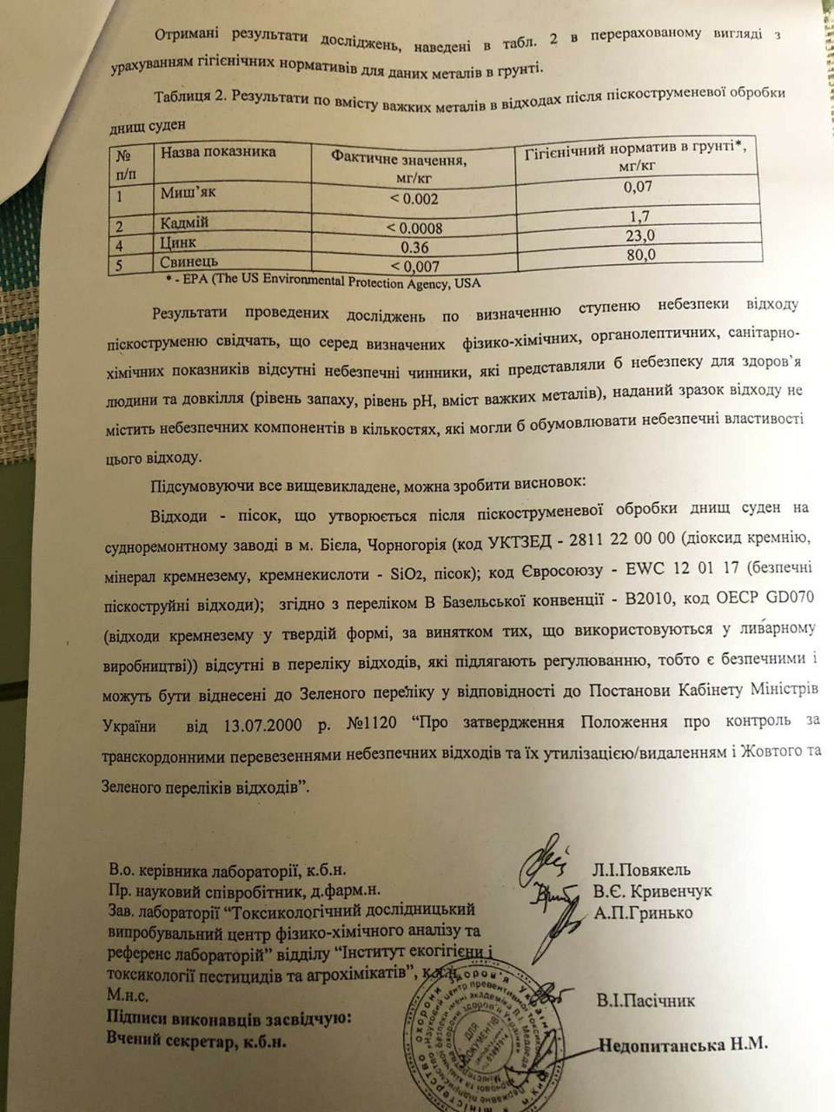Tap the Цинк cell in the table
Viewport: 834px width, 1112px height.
point(178,243)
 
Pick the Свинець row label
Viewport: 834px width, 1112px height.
point(189,261)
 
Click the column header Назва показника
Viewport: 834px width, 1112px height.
point(217,152)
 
